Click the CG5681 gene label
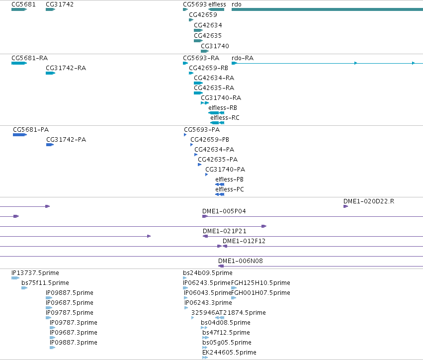23,4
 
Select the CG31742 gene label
60,4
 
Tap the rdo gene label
236,4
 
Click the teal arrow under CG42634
198,30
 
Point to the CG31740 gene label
215,46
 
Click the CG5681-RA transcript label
30,58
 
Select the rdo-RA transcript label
243,58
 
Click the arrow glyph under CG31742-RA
50,73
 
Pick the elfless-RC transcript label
225,118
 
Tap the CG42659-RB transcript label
209,68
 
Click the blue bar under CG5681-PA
20,135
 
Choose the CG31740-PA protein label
225,170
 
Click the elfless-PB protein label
229,180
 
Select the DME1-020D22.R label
369,201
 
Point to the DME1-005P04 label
224,211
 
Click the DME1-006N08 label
241,261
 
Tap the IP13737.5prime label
35,273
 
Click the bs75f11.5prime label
45,283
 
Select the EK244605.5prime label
229,353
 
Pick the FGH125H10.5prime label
260,283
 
